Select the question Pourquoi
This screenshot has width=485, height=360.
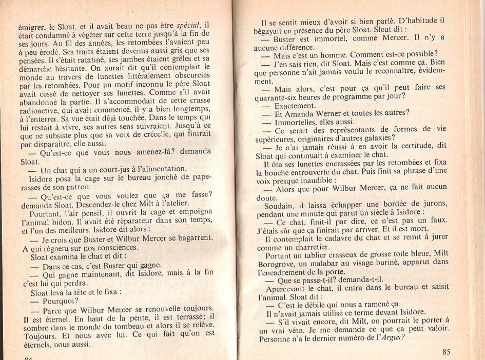(60, 301)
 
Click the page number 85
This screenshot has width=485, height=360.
(445, 352)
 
